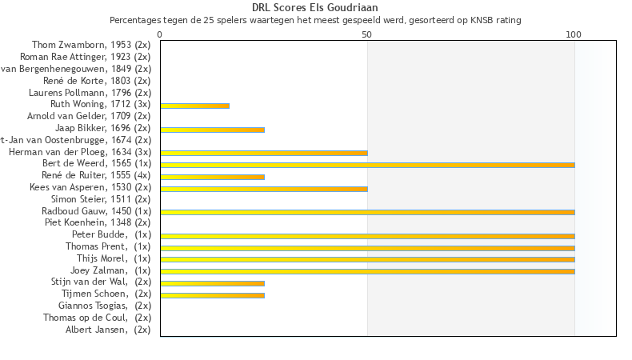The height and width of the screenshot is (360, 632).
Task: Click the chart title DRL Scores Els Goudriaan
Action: (315, 7)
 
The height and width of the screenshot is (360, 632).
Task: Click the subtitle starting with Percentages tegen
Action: (315, 19)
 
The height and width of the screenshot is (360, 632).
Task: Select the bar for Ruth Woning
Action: (194, 106)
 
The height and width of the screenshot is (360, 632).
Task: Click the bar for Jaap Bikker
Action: (212, 129)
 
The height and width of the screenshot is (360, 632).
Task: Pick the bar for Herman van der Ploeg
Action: (264, 152)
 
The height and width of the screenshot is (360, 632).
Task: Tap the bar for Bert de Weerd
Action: (367, 165)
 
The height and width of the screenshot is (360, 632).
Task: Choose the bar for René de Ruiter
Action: (212, 176)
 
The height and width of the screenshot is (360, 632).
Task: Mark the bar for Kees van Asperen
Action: (264, 188)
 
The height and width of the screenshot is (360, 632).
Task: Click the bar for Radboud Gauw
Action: (367, 212)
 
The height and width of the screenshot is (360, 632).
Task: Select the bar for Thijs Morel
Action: (367, 259)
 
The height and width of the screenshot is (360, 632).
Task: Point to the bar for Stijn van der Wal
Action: (212, 282)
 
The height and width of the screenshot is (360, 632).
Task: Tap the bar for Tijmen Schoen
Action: (212, 294)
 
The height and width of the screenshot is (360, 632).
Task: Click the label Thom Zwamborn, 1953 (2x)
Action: (91, 45)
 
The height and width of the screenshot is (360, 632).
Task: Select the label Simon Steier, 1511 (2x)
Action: (100, 199)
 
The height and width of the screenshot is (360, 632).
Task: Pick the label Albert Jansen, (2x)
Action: (108, 330)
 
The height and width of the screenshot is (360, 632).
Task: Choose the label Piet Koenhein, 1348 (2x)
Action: (97, 222)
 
